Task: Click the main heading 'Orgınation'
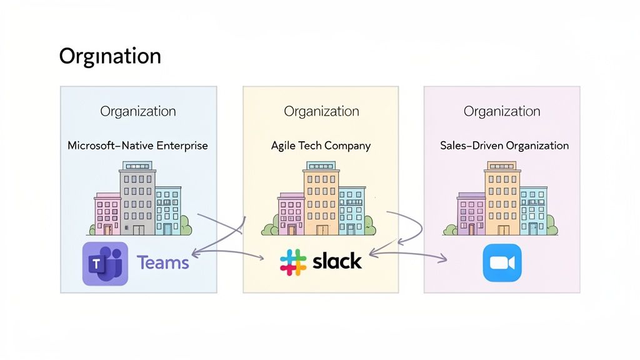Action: (x=110, y=56)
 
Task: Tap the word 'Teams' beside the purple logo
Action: (x=162, y=262)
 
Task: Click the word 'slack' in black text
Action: (x=337, y=261)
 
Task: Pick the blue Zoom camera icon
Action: (x=502, y=263)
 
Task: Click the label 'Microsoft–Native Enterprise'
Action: (x=137, y=146)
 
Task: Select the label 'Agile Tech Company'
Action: (x=321, y=146)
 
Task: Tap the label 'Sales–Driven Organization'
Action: (x=504, y=146)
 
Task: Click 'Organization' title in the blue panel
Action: (x=138, y=111)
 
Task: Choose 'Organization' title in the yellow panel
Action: (x=321, y=111)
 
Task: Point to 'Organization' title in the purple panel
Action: (x=502, y=111)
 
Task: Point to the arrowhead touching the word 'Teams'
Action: (x=194, y=254)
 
